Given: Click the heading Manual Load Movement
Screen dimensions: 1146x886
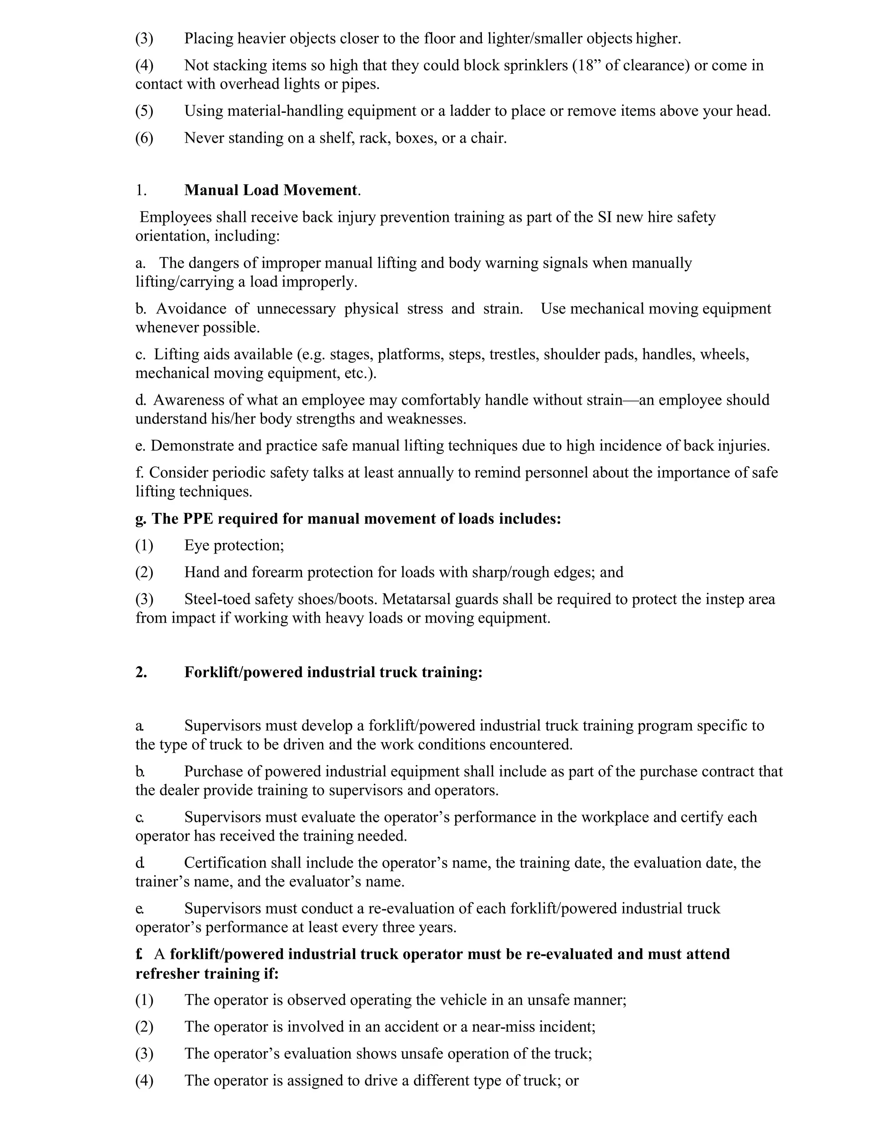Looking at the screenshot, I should coord(271,190).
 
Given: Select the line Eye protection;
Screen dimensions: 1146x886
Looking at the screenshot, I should coord(234,545).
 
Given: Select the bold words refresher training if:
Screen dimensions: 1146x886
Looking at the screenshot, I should coord(207,973).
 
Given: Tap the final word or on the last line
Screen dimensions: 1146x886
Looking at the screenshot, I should coord(571,1080).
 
